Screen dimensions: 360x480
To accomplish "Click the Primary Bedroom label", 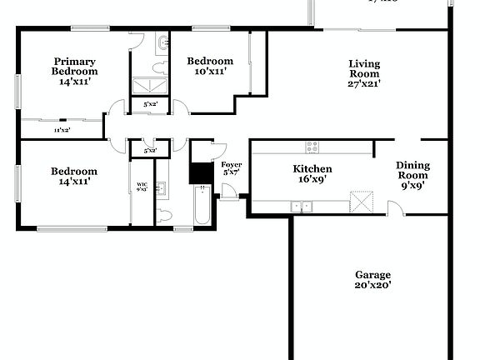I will (74, 66).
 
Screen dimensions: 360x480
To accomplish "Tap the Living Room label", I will (363, 68).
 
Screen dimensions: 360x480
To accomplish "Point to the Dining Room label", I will (412, 170).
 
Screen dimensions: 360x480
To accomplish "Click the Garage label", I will (372, 275).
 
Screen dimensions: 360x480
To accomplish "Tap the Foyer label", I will (231, 165).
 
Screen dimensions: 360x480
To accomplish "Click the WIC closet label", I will (141, 184).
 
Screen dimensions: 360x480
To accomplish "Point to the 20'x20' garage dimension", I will (372, 286).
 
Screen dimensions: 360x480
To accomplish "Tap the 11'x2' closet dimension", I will (62, 131).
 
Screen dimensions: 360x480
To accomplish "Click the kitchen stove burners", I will (312, 147).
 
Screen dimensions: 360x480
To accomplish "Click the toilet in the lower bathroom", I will (164, 215).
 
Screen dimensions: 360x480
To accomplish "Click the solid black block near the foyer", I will (200, 172).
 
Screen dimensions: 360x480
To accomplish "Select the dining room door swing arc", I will (397, 207).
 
